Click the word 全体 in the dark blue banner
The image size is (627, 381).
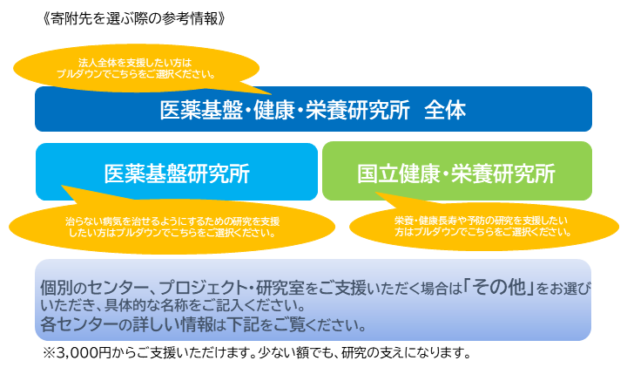[445, 110]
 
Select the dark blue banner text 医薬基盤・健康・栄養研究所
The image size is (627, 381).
[285, 110]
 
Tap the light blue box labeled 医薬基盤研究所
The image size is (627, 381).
[177, 172]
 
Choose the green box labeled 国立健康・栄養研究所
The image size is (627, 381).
[457, 171]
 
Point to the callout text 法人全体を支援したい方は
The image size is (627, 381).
[135, 63]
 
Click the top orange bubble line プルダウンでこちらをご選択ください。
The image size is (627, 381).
[136, 74]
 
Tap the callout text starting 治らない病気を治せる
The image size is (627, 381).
[172, 227]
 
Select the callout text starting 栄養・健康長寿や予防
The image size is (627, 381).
[482, 226]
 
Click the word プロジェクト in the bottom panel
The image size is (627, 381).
[203, 288]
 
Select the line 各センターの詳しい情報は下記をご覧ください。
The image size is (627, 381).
[203, 324]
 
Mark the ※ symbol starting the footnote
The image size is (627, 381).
[49, 353]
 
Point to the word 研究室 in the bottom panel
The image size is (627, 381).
[280, 288]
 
